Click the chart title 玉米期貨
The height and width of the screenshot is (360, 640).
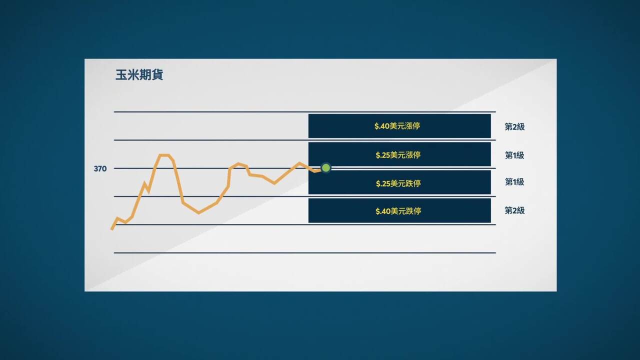[139, 75]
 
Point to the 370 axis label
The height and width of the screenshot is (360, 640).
[100, 169]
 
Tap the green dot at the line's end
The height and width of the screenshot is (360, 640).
[326, 168]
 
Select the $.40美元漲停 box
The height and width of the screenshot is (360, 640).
[399, 126]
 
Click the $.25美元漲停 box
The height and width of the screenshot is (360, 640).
[399, 154]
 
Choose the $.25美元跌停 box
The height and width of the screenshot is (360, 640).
[399, 183]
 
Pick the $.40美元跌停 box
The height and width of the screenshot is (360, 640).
[399, 211]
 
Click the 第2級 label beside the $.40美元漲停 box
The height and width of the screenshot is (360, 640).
[514, 127]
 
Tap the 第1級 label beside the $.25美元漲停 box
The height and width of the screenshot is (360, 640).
[514, 155]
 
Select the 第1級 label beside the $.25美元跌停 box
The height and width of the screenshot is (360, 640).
[514, 182]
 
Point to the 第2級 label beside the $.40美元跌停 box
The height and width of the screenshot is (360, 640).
[514, 210]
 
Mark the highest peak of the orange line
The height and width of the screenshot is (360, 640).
[164, 155]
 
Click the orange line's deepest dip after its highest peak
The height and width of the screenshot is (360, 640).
[199, 213]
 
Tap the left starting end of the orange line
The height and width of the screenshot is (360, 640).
[112, 228]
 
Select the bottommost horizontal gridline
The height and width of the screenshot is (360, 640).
[305, 253]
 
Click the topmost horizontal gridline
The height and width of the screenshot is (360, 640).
[305, 112]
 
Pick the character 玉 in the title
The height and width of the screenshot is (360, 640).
[121, 75]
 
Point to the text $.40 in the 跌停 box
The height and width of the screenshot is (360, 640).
[383, 211]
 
